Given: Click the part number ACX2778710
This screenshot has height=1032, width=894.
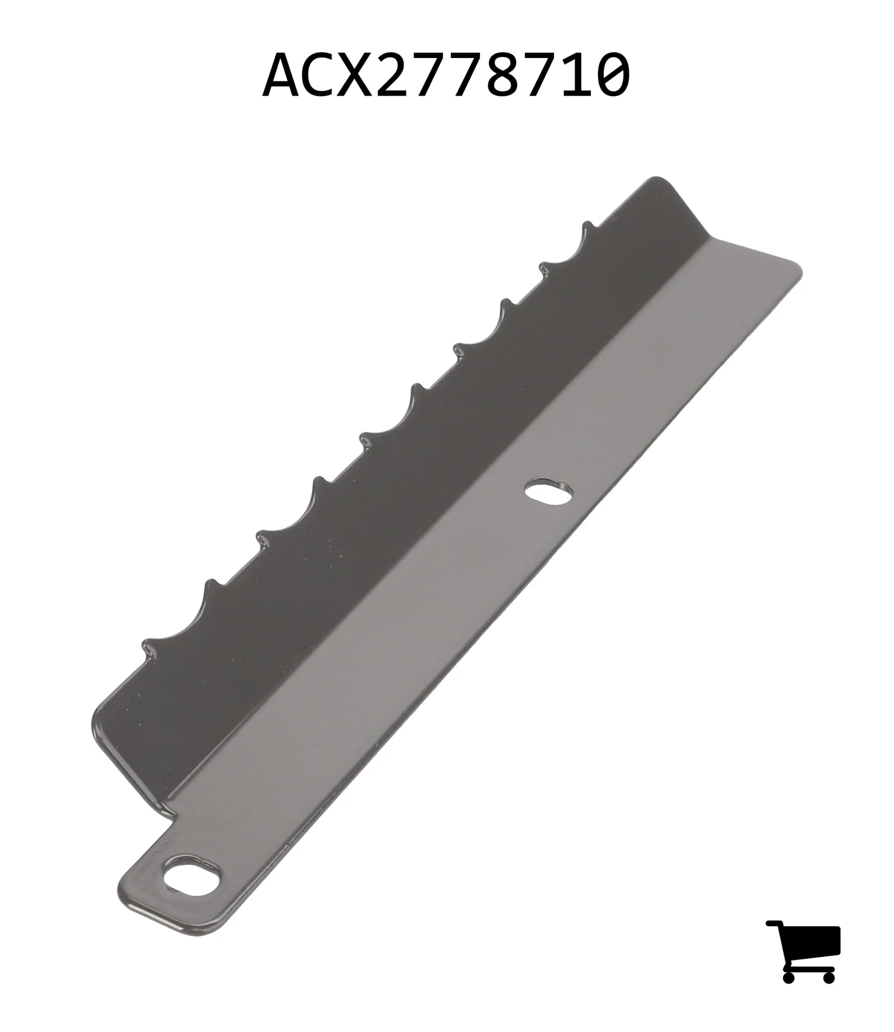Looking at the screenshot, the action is pyautogui.click(x=446, y=75).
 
